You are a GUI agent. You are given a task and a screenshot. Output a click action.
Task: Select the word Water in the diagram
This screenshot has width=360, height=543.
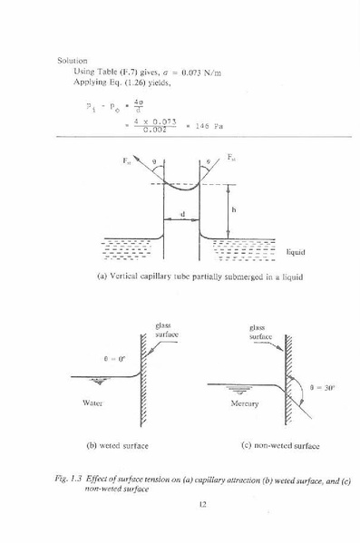tap(91, 401)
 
